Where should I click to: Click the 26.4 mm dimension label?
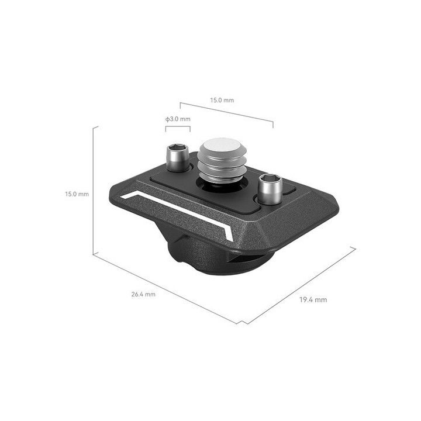143,294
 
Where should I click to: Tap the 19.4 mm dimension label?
313,300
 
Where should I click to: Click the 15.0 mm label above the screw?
222,101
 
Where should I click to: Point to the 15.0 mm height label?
77,194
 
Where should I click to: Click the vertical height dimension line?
94,193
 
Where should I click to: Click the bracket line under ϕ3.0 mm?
178,126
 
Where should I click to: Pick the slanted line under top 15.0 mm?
226,113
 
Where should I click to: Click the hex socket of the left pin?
177,149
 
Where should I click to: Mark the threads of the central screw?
217,167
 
